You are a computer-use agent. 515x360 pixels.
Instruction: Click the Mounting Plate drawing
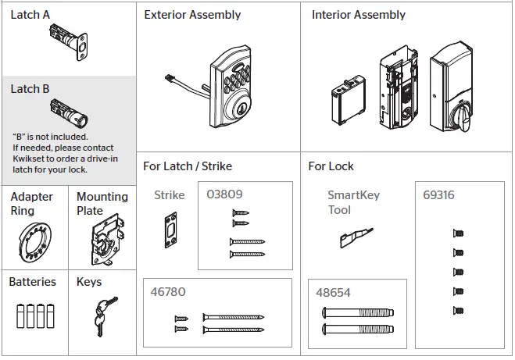pos(102,243)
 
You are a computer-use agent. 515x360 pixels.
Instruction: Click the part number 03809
pos(224,194)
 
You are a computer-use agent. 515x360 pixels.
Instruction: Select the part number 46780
pos(167,292)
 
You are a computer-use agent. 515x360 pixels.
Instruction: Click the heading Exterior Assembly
pos(192,15)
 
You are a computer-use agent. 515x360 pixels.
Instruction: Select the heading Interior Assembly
pos(358,15)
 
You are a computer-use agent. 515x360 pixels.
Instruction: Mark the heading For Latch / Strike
pos(188,166)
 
